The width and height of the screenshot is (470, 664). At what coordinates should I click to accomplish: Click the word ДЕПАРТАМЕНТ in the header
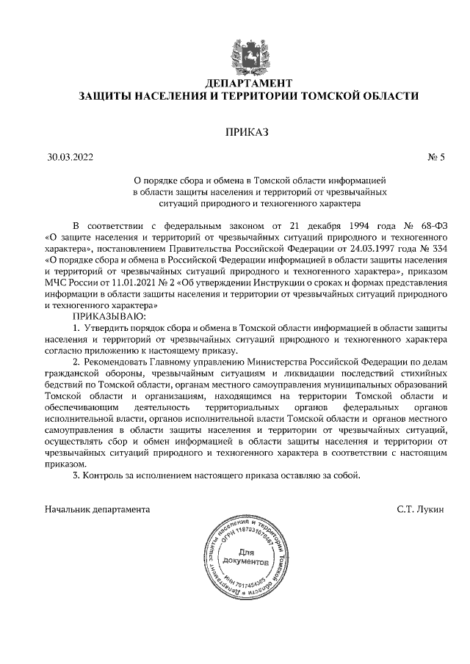235,83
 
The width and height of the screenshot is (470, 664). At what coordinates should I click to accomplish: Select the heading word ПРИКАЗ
247,132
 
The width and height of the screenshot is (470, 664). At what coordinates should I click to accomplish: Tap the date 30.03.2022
70,156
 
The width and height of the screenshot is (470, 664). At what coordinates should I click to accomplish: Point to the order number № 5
436,156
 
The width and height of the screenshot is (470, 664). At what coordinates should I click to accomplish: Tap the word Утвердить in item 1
107,327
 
